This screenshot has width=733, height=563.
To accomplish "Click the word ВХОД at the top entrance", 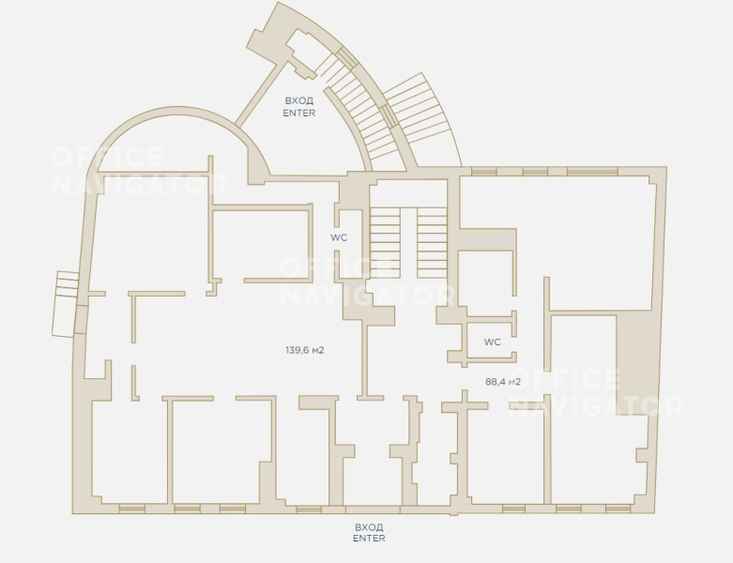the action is pos(299,100).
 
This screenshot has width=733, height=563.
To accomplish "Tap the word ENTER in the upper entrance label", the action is pos(299,113).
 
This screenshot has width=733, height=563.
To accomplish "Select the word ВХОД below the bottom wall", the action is pos(369,527).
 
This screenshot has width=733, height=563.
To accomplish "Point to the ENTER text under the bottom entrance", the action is pos(369,539).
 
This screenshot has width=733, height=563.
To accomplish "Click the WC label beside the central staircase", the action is pos(339,237).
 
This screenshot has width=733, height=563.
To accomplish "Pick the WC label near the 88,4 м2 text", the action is pos(492,342).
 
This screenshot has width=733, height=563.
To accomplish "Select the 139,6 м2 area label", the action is pos(305,350).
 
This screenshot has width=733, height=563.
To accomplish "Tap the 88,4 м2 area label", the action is pos(503,382).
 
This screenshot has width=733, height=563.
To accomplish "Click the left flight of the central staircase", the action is pos(385,243).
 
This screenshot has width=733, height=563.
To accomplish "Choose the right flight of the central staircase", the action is pos(432,243).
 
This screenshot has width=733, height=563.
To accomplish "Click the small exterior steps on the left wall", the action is pos(66,304).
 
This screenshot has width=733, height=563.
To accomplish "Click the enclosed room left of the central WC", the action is pos(261,244).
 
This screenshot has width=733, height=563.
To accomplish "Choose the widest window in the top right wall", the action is pos(592,172).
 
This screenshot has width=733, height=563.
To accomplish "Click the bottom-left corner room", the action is pos(130,450).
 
